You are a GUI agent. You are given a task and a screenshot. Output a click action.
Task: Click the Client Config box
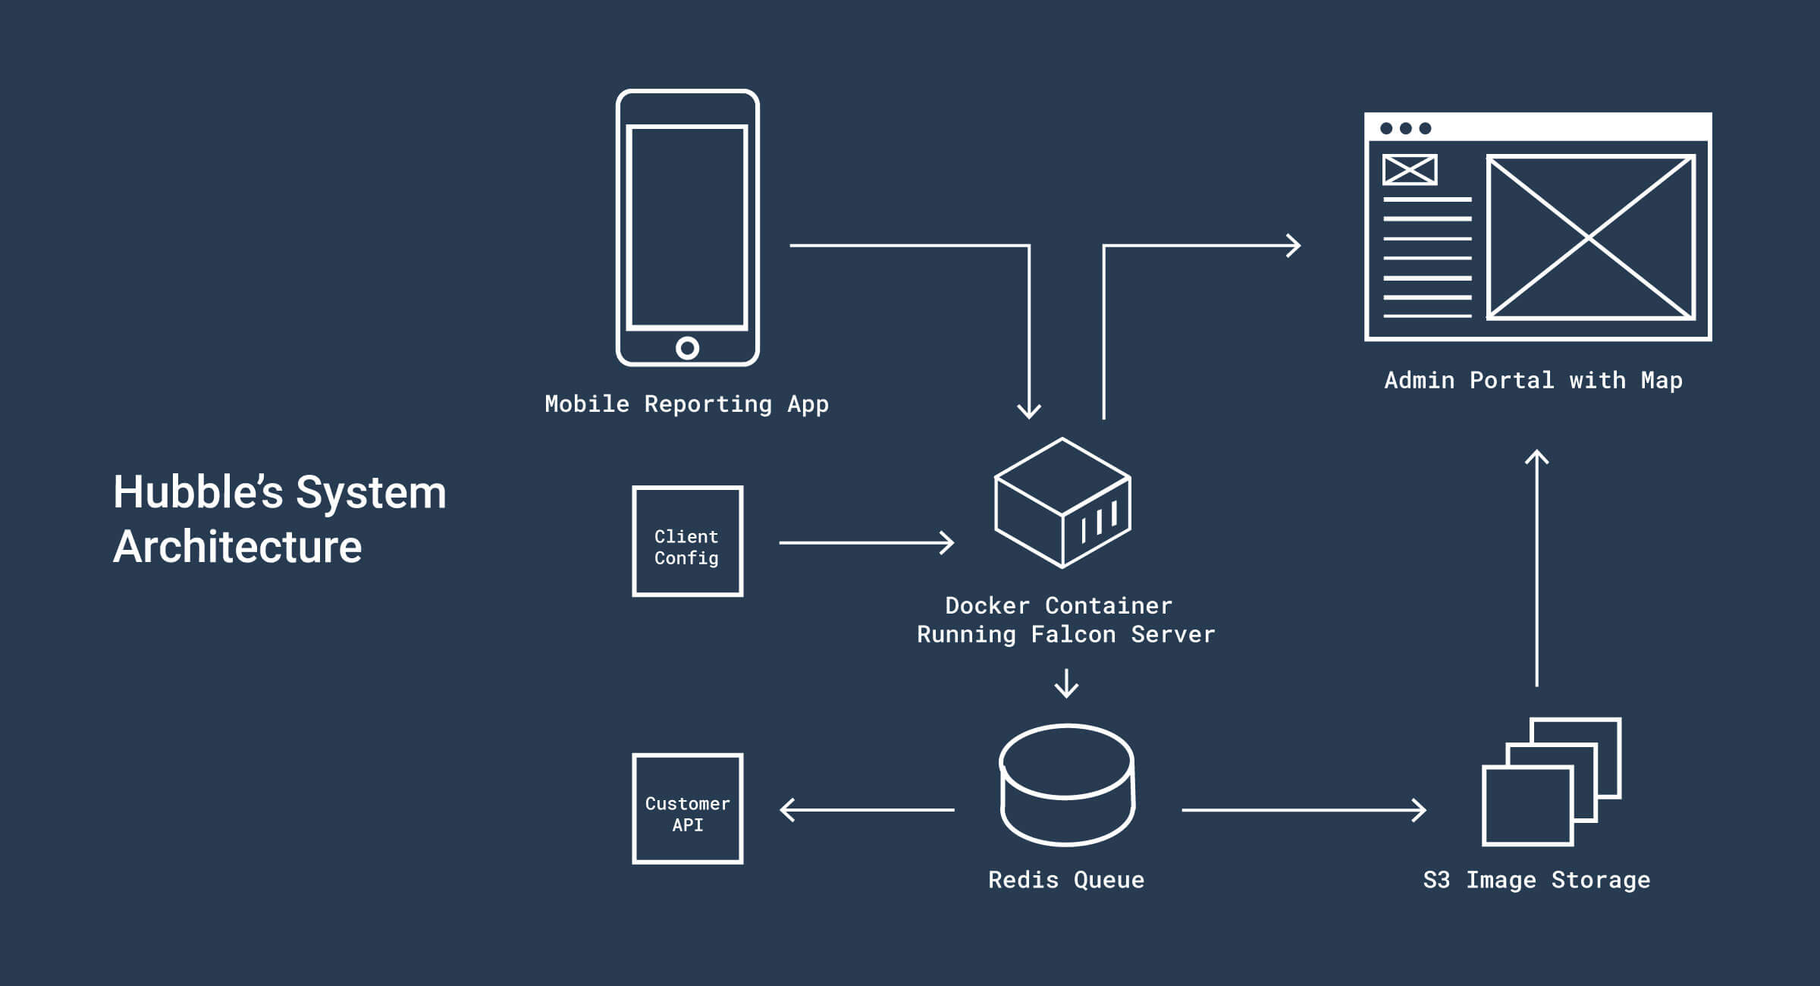tap(687, 542)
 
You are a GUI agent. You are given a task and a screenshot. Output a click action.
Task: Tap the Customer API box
tap(687, 809)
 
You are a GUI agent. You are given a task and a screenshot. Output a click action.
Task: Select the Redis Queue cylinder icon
tap(1067, 785)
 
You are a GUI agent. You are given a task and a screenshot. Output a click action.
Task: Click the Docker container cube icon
tap(1062, 503)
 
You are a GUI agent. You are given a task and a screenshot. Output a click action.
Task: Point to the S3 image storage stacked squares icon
tap(1550, 782)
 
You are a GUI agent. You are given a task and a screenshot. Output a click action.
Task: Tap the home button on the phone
tap(687, 348)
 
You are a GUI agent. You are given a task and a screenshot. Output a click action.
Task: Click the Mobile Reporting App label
tap(686, 404)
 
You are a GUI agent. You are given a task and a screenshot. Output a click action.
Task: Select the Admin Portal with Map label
tap(1533, 380)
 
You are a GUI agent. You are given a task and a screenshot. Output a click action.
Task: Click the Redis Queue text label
tap(1065, 880)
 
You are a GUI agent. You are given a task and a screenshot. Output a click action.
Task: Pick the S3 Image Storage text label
tap(1536, 880)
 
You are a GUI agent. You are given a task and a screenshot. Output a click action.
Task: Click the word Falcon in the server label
tap(1073, 635)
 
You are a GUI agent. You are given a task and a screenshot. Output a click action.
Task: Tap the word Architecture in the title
tap(237, 547)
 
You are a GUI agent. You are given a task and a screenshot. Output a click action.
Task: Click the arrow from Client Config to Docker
tap(866, 542)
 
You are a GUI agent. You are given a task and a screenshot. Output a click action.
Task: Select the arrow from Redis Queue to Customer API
tap(867, 810)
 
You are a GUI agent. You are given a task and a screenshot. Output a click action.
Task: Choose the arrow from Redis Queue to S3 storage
tap(1303, 810)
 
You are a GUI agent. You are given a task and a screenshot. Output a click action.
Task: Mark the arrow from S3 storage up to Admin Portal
tap(1536, 569)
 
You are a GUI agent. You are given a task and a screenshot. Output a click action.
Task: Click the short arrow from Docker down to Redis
tap(1066, 683)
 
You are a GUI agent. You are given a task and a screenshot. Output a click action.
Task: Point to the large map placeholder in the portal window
tap(1589, 238)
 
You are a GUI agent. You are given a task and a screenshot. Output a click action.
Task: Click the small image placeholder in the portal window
tap(1409, 170)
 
